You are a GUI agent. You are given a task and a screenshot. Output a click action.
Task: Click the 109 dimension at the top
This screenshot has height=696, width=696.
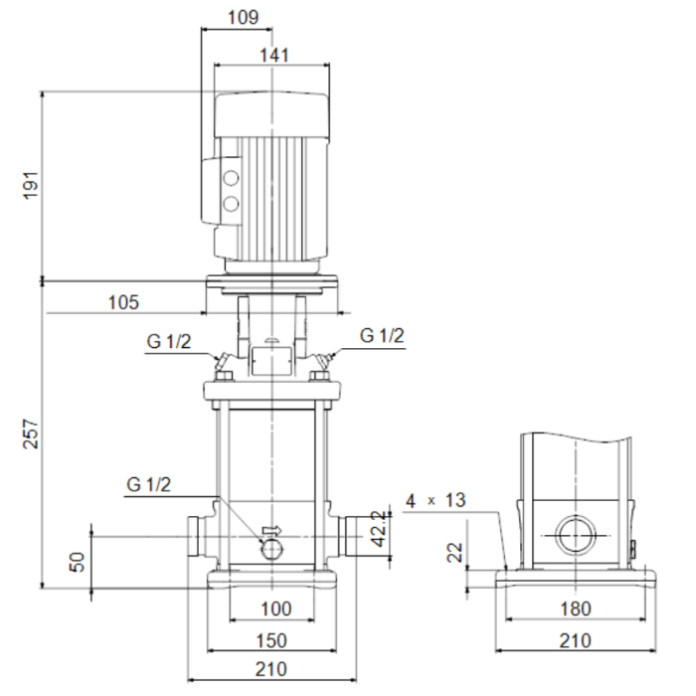pos(242,17)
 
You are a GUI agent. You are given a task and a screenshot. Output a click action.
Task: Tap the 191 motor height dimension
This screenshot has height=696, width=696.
pos(30,186)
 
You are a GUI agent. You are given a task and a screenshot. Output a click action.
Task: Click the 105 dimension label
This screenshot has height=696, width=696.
pos(123,302)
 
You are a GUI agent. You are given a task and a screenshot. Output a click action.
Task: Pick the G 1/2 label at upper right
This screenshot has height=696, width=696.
pos(382,336)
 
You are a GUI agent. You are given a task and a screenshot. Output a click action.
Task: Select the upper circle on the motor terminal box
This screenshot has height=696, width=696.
pos(232,180)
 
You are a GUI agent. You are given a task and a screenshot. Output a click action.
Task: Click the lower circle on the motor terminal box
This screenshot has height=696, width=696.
pos(232,205)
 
